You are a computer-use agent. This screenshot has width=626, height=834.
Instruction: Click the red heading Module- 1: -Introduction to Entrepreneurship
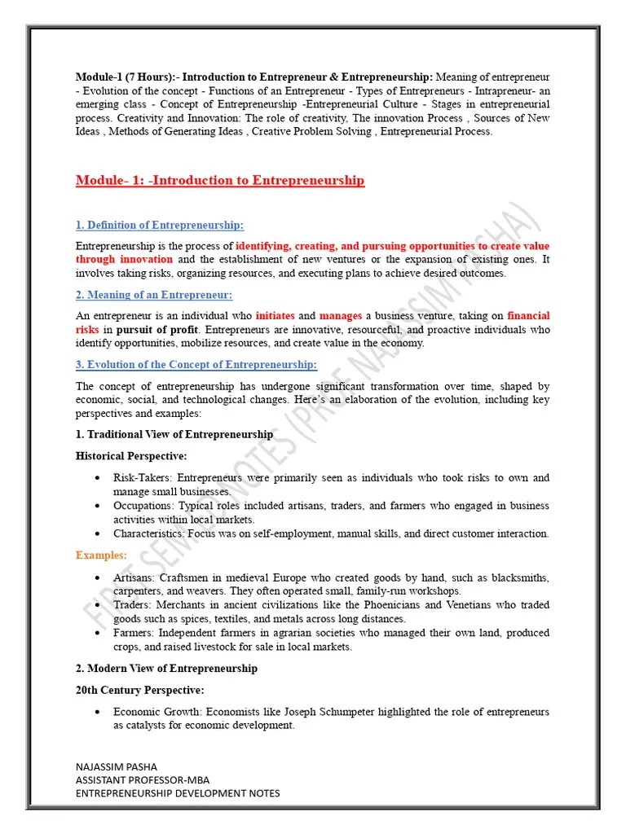pyautogui.click(x=220, y=180)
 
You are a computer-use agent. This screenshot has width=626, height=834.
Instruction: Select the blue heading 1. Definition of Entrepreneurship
pyautogui.click(x=160, y=225)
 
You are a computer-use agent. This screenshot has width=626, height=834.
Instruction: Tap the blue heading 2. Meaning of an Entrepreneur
pyautogui.click(x=154, y=295)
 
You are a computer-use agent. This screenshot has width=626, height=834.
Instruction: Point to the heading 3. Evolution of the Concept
pyautogui.click(x=196, y=365)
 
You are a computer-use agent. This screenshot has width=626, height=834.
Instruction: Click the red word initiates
pyautogui.click(x=276, y=316)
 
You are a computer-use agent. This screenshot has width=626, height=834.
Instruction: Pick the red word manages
pyautogui.click(x=341, y=316)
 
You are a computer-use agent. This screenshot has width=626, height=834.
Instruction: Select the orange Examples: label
pyautogui.click(x=101, y=555)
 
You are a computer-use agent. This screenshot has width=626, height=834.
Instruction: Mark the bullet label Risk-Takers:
pyautogui.click(x=143, y=478)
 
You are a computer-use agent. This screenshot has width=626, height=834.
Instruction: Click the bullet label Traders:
pyautogui.click(x=133, y=605)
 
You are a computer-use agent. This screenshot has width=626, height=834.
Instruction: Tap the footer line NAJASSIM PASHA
pyautogui.click(x=116, y=766)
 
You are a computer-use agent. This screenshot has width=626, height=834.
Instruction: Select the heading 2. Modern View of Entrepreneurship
pyautogui.click(x=166, y=668)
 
